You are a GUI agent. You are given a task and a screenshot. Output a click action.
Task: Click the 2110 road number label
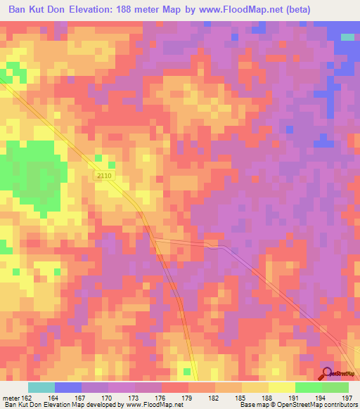[103, 176]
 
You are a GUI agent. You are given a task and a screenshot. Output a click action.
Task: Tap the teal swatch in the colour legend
[41, 387]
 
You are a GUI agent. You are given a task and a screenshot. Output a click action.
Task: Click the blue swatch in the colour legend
[68, 387]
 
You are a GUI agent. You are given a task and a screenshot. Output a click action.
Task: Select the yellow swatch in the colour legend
[282, 387]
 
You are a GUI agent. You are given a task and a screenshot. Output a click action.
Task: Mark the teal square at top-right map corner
[347, 37]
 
